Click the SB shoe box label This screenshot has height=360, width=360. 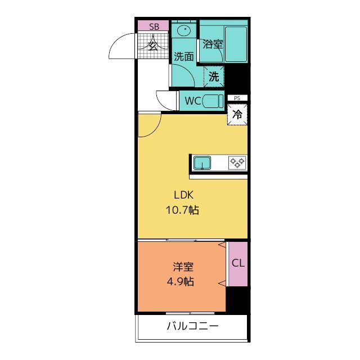click(x=154, y=26)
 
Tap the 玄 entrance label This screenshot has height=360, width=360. click(x=153, y=46)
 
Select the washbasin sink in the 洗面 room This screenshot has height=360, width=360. click(x=184, y=30)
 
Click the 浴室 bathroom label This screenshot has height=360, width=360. click(x=213, y=44)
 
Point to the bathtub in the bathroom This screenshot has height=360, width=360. click(x=236, y=44)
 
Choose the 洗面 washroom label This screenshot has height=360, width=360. click(x=184, y=56)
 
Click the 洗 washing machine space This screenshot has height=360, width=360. click(x=214, y=76)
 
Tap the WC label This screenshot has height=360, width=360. click(x=193, y=101)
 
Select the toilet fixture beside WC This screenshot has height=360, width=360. click(x=213, y=101)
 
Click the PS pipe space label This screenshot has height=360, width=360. click(x=237, y=98)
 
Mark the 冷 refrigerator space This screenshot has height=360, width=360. click(x=237, y=114)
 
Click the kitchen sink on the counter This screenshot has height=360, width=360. click(x=202, y=163)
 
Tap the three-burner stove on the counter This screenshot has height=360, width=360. click(x=237, y=163)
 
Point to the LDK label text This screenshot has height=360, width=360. click(x=184, y=195)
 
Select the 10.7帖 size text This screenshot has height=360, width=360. click(x=182, y=210)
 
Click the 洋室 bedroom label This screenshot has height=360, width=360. click(x=183, y=267)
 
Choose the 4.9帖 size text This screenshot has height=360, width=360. click(x=181, y=281)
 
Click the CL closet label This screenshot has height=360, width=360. click(x=238, y=263)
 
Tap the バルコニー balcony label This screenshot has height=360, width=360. click(x=192, y=326)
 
